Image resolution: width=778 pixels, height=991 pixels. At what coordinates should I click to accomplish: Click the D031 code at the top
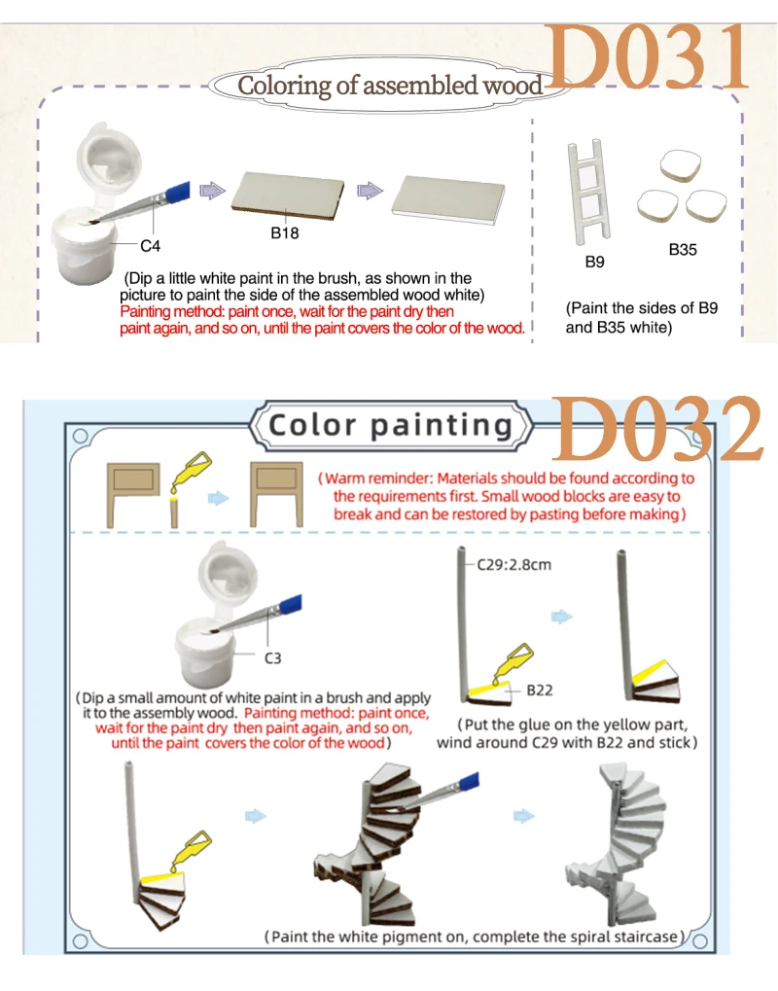pyautogui.click(x=647, y=58)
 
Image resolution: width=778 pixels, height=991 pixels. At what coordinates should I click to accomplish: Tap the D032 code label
pyautogui.click(x=657, y=429)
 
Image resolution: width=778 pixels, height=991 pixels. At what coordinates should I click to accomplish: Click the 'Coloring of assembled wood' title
pyautogui.click(x=390, y=86)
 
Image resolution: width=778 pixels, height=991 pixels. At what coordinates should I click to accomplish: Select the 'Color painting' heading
pyautogui.click(x=390, y=425)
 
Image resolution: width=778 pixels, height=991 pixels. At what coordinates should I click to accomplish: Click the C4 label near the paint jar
pyautogui.click(x=151, y=246)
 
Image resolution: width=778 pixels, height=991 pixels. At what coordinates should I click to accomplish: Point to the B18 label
pyautogui.click(x=284, y=233)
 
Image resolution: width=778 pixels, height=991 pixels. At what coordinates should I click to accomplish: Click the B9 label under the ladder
pyautogui.click(x=594, y=262)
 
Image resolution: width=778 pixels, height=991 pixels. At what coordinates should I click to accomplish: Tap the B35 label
pyautogui.click(x=683, y=250)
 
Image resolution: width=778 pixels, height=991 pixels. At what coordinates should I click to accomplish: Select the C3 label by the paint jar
pyautogui.click(x=272, y=658)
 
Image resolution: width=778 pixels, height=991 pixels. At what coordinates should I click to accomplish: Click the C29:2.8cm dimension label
pyautogui.click(x=513, y=564)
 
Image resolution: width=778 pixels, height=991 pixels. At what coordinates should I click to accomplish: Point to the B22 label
pyautogui.click(x=540, y=690)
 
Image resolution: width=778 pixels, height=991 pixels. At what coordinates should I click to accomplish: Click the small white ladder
pyautogui.click(x=589, y=192)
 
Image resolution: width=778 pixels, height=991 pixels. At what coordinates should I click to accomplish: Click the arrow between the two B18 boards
pyautogui.click(x=370, y=190)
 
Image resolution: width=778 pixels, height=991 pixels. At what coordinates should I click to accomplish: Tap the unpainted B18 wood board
pyautogui.click(x=288, y=195)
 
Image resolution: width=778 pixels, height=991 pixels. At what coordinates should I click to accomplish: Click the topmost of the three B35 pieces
pyautogui.click(x=680, y=166)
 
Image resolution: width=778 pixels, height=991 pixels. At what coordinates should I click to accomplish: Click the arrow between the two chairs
pyautogui.click(x=218, y=498)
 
